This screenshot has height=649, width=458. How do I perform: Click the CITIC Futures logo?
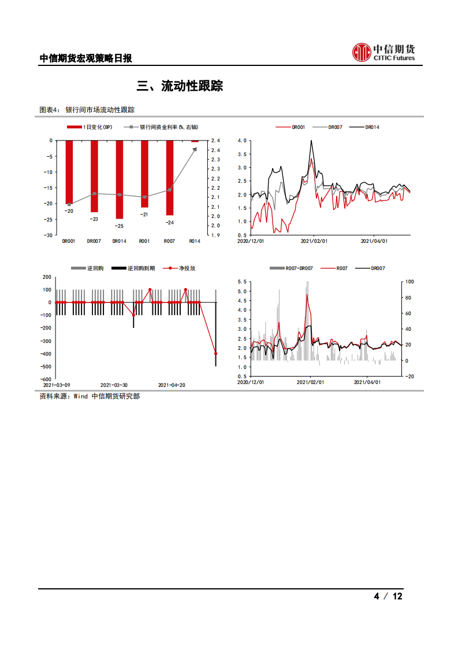383,53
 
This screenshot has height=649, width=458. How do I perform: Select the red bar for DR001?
69,172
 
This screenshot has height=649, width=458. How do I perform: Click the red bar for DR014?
120,180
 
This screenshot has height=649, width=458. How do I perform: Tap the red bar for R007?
170,178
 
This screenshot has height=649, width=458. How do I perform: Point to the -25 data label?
119,226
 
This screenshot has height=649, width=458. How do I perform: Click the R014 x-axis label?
195,241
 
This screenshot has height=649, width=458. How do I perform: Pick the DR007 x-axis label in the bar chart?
94,241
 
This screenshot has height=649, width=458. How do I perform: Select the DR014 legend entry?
364,127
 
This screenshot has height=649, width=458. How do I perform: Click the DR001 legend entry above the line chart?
290,127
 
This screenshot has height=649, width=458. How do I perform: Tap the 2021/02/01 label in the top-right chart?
314,241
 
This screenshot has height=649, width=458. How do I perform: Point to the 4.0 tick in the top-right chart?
242,141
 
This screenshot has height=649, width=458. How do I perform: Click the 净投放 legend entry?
179,268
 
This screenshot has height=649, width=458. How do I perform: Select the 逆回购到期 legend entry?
133,268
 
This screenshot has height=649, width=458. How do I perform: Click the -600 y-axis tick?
46,379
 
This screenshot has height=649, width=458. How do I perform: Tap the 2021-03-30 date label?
114,385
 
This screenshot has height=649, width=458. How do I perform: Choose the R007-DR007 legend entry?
292,268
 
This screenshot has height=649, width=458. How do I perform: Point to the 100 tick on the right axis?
409,282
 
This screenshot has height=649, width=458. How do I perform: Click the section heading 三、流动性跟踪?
180,86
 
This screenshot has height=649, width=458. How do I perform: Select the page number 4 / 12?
388,596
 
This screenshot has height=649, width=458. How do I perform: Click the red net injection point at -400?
216,353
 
